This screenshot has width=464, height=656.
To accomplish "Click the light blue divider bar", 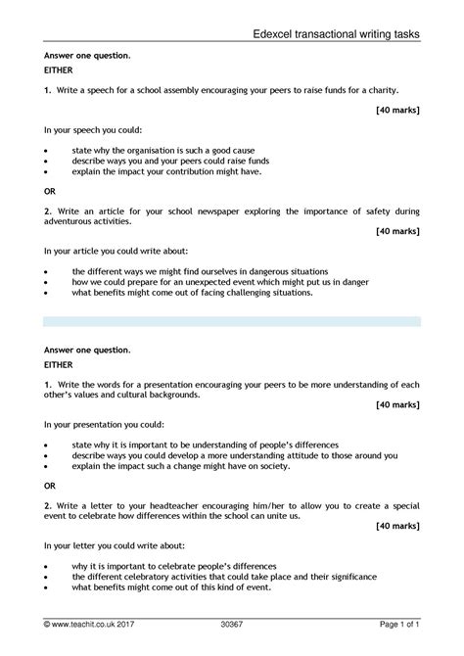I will pyautogui.click(x=232, y=321).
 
